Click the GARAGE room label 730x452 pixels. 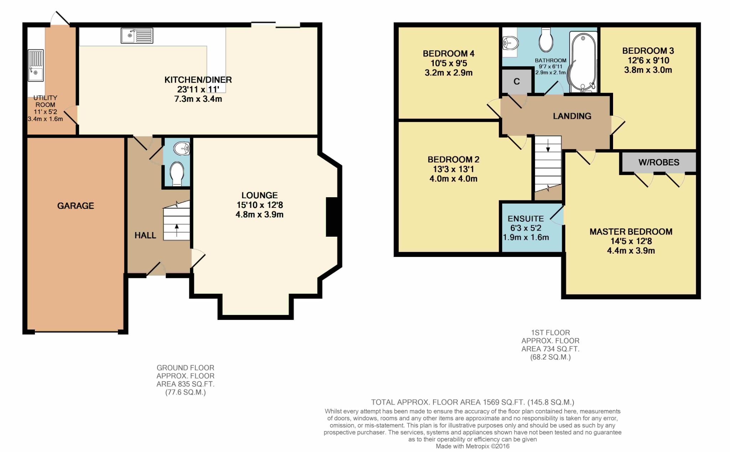(76, 206)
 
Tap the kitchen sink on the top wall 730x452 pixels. (137, 36)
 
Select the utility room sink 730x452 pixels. (36, 65)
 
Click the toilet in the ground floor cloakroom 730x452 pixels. (177, 173)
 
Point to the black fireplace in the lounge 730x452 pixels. (332, 217)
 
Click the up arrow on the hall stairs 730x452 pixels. (177, 230)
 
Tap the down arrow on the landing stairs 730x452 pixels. (548, 145)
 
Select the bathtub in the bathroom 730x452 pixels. (583, 63)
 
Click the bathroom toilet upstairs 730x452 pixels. (545, 41)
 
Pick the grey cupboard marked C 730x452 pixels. (516, 82)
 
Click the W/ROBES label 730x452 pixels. (659, 162)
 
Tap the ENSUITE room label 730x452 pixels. (526, 219)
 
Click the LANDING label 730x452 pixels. (572, 116)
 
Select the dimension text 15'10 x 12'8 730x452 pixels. (259, 205)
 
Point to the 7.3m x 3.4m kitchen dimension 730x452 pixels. (198, 99)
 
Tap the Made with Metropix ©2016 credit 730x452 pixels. (472, 446)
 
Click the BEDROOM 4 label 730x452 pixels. (448, 54)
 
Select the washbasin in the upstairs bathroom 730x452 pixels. (510, 43)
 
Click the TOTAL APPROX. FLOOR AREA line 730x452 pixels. (472, 402)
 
